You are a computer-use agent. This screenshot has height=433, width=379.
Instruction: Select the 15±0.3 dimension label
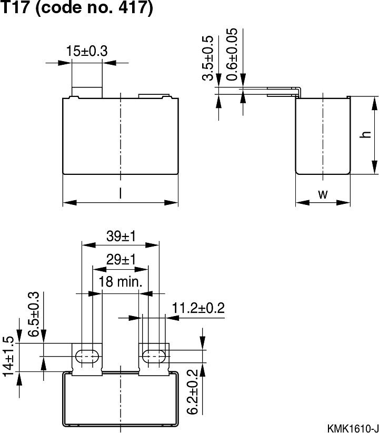pyautogui.click(x=87, y=51)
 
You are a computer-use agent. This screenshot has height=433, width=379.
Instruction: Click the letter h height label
pyautogui.click(x=364, y=135)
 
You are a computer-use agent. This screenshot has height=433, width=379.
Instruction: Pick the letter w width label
pyautogui.click(x=323, y=194)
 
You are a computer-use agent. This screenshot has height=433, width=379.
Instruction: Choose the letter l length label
pyautogui.click(x=120, y=194)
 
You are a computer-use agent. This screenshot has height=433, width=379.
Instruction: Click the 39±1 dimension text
pyautogui.click(x=121, y=236)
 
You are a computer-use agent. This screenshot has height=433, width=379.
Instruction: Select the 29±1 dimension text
pyautogui.click(x=121, y=259)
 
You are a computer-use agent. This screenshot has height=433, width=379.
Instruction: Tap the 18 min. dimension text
pyautogui.click(x=121, y=282)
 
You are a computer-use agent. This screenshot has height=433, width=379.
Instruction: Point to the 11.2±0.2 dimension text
pyautogui.click(x=198, y=308)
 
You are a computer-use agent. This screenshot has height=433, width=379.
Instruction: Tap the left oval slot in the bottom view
pyautogui.click(x=87, y=357)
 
